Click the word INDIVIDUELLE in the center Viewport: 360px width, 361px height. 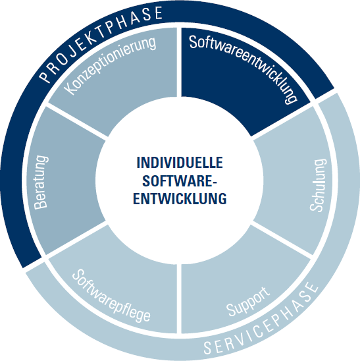coord(180,163)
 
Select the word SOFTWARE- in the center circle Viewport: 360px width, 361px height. coord(180,180)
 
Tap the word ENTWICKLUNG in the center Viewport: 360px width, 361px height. coord(180,198)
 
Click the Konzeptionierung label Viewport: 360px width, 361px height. coord(110,65)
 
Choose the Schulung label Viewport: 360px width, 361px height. coord(318,185)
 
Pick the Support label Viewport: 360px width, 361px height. coord(248,302)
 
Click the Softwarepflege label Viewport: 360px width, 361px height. coord(111,295)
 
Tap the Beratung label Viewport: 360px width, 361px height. coord(41,182)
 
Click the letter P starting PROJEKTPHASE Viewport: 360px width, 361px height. coord(44,78)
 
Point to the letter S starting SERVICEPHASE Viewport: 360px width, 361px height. coord(208,348)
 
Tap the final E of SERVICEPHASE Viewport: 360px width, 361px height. coord(313,288)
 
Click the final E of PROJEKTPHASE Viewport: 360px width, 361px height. coord(159,13)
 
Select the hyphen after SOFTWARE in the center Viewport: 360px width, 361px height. coord(215,182)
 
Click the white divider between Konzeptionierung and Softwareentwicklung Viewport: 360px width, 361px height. coord(179,62)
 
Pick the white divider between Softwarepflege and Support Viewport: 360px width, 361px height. coord(179,298)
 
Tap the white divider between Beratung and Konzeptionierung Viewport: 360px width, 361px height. coord(77,121)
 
